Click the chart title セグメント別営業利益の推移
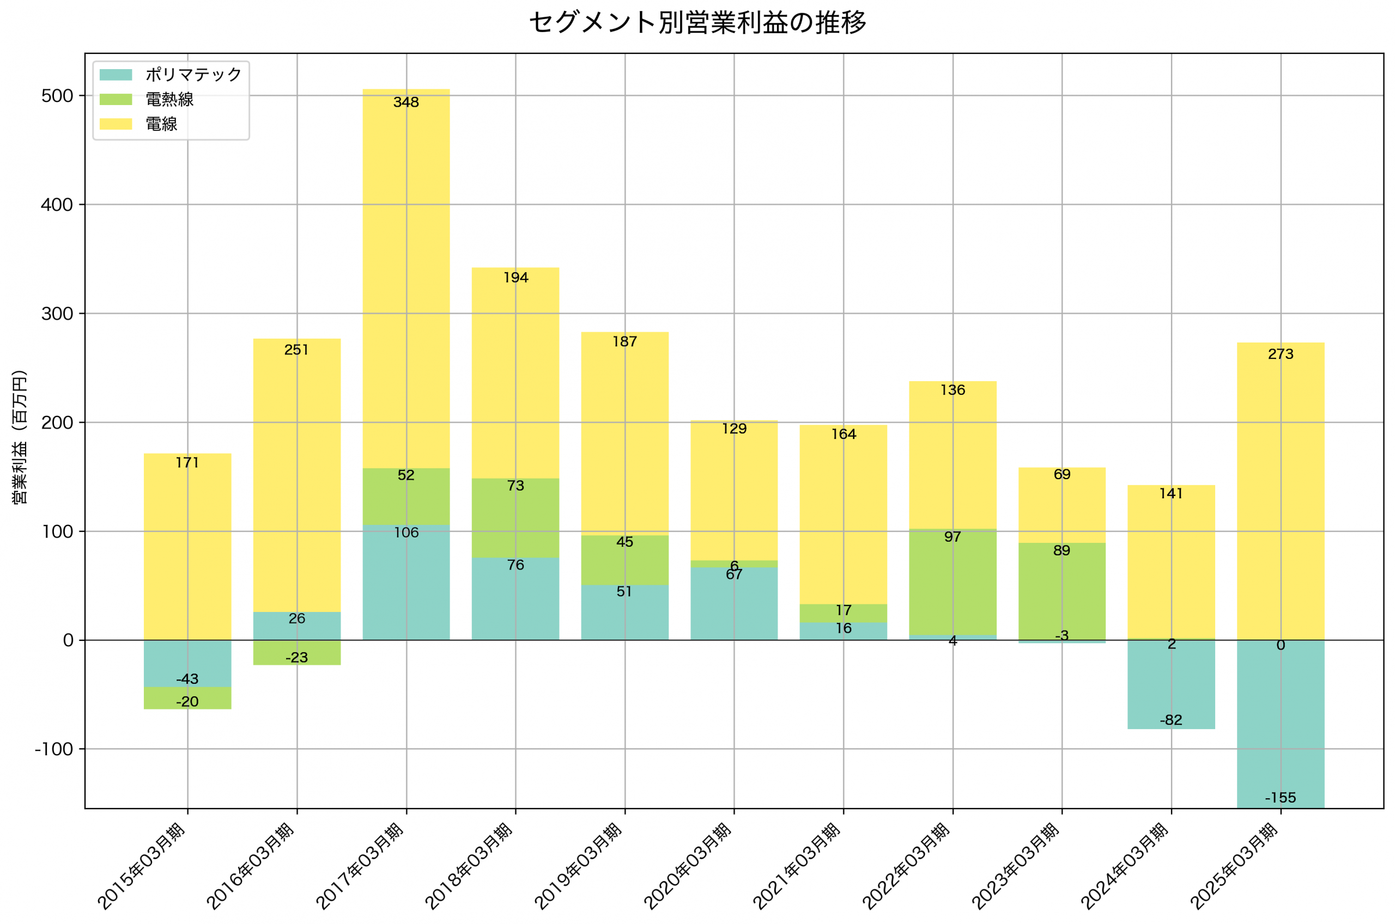tap(697, 23)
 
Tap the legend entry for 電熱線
tap(169, 100)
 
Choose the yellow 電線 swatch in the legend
tap(116, 124)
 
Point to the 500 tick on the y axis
tap(57, 96)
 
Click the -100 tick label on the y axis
tap(54, 750)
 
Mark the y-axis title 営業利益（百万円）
tap(20, 437)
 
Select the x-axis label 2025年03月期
tap(1235, 866)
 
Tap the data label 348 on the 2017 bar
tap(406, 102)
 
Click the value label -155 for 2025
tap(1281, 798)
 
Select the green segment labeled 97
tap(953, 583)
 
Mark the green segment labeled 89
tap(1062, 589)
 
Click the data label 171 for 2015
tap(187, 463)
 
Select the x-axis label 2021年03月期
tap(798, 866)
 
